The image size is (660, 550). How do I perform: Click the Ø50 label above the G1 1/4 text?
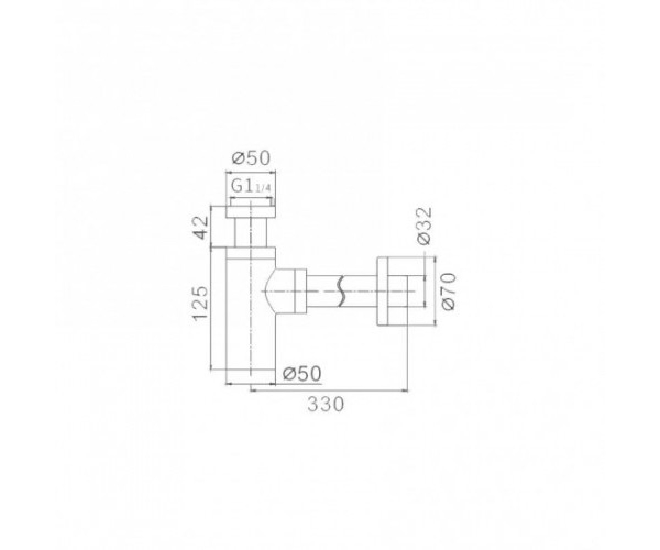click(x=251, y=158)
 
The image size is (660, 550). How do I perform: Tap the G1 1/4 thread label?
click(x=251, y=187)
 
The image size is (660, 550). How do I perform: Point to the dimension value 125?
click(x=200, y=304)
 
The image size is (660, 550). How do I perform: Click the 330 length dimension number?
click(x=326, y=404)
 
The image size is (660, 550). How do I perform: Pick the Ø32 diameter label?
click(x=424, y=226)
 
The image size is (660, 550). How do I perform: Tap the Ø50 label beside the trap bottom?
click(x=301, y=374)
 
